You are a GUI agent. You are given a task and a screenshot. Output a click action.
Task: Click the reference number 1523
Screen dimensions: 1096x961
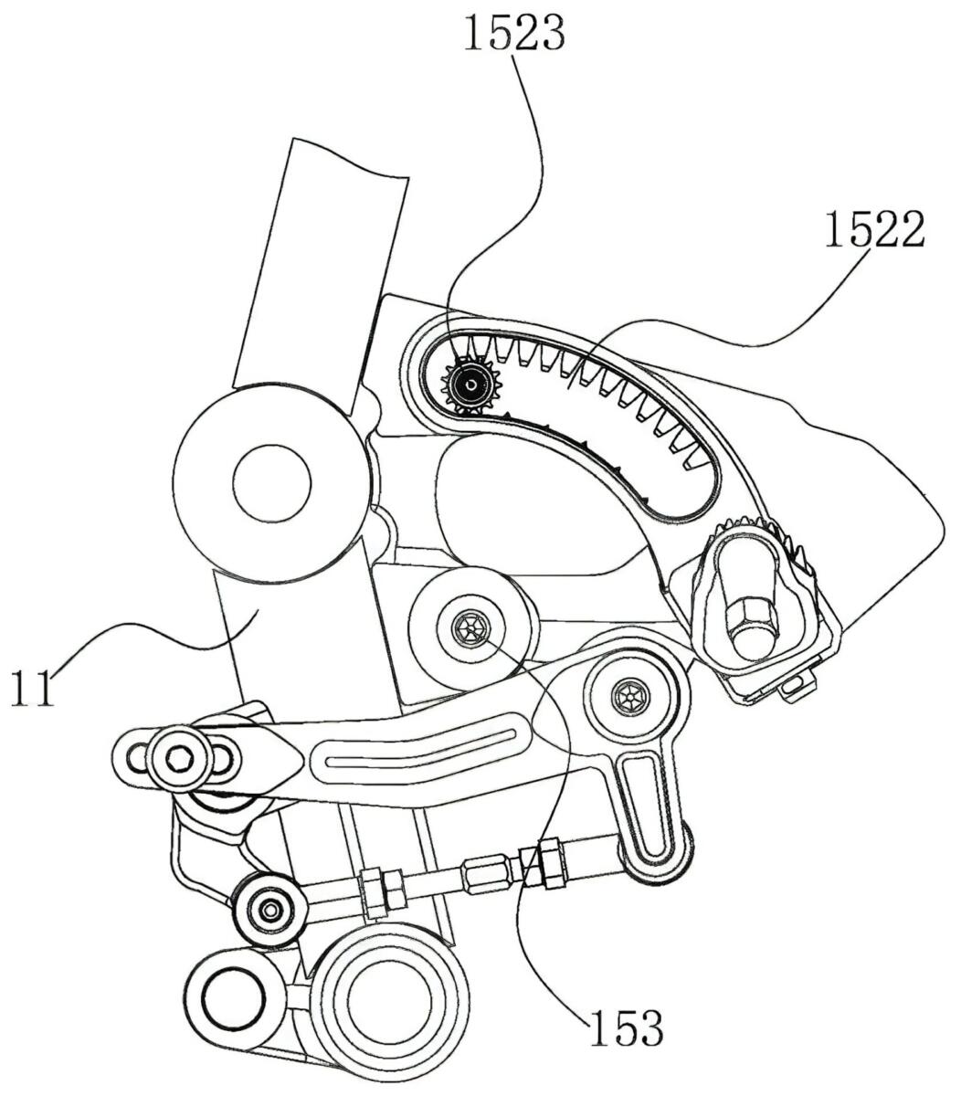tap(514, 32)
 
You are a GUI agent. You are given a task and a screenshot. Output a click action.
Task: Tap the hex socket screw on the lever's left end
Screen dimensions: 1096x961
tap(179, 757)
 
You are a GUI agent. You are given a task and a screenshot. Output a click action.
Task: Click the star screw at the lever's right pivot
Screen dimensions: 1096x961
tap(629, 699)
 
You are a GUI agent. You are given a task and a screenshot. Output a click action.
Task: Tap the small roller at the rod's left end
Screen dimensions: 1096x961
tap(269, 910)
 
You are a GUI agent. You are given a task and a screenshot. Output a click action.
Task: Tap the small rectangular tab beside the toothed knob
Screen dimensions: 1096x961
tap(798, 685)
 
